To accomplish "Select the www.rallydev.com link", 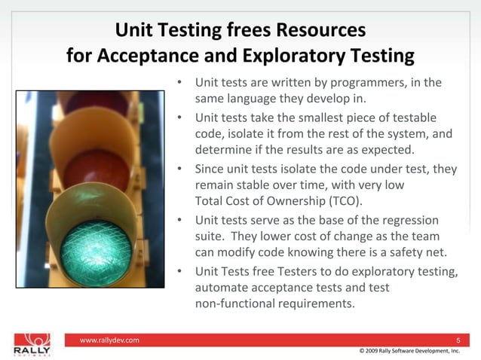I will [x=109, y=341].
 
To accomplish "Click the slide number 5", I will [x=458, y=341].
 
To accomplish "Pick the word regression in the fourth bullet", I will [x=409, y=219].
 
